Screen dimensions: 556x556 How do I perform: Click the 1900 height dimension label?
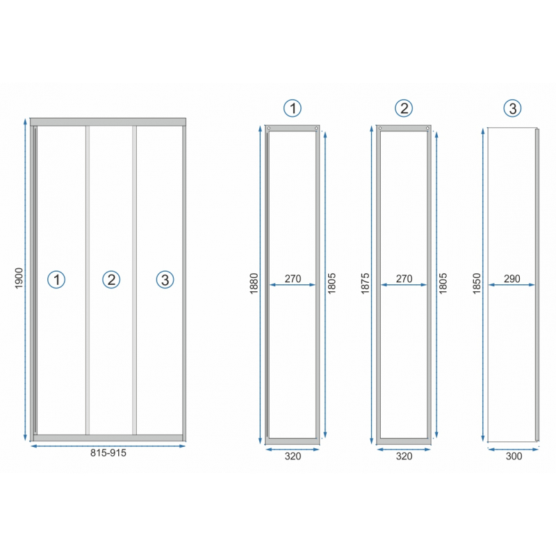pos(19,279)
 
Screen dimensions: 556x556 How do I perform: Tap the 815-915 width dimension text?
pos(108,453)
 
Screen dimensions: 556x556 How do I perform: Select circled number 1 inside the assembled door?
pos(56,279)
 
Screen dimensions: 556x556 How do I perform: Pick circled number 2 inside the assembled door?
pos(111,279)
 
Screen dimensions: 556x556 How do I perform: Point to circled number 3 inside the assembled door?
pos(165,279)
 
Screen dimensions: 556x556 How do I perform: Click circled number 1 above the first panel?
pos(293,108)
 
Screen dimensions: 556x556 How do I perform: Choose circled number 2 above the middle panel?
pos(404,108)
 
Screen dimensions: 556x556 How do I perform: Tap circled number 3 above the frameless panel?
pos(512,108)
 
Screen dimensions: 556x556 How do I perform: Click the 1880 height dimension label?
pos(254,284)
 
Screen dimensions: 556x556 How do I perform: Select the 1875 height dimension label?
pos(366,284)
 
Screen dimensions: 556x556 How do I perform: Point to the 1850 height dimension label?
pos(477,284)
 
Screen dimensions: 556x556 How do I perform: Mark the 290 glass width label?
pos(512,279)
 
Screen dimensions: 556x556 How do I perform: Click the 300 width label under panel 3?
pos(514,456)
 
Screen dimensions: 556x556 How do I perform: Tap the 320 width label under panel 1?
pos(293,456)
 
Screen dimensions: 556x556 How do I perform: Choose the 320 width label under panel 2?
pos(404,456)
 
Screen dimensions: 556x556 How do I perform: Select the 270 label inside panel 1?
pos(293,279)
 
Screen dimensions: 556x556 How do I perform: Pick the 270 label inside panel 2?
pos(404,279)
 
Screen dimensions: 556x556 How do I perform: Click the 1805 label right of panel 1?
pos(332,284)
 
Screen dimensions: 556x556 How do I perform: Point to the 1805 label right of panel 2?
pos(443,284)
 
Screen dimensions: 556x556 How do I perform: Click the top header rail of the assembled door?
pos(108,122)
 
